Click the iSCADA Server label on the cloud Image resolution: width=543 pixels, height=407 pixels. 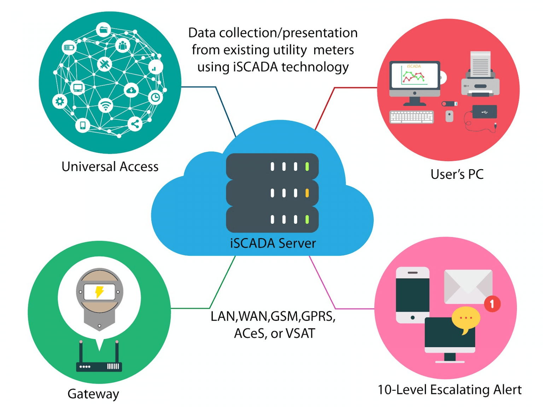(x=273, y=243)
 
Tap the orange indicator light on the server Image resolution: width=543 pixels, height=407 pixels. (x=307, y=193)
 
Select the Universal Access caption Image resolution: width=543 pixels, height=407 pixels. (x=110, y=166)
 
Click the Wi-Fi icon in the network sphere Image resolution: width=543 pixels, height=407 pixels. (x=106, y=105)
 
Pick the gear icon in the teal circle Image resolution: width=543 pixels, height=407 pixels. (x=60, y=101)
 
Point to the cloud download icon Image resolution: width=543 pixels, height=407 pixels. (x=131, y=90)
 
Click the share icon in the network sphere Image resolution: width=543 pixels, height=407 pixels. (x=135, y=124)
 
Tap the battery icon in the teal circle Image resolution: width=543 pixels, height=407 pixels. (x=69, y=47)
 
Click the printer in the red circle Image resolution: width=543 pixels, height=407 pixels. (x=480, y=74)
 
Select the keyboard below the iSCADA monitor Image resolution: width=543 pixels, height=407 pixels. (x=411, y=117)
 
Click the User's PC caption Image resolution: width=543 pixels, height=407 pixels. (x=457, y=174)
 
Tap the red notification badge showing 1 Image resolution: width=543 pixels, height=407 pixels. (x=492, y=304)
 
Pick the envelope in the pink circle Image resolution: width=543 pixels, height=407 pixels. (x=468, y=287)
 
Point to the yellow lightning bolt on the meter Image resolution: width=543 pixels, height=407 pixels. (x=99, y=292)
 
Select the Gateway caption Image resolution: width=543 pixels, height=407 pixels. (x=93, y=394)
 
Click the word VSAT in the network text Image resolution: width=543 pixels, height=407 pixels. (x=300, y=333)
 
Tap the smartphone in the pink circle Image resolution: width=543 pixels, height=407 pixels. (x=413, y=295)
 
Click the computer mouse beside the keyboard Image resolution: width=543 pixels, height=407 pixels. (x=449, y=116)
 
